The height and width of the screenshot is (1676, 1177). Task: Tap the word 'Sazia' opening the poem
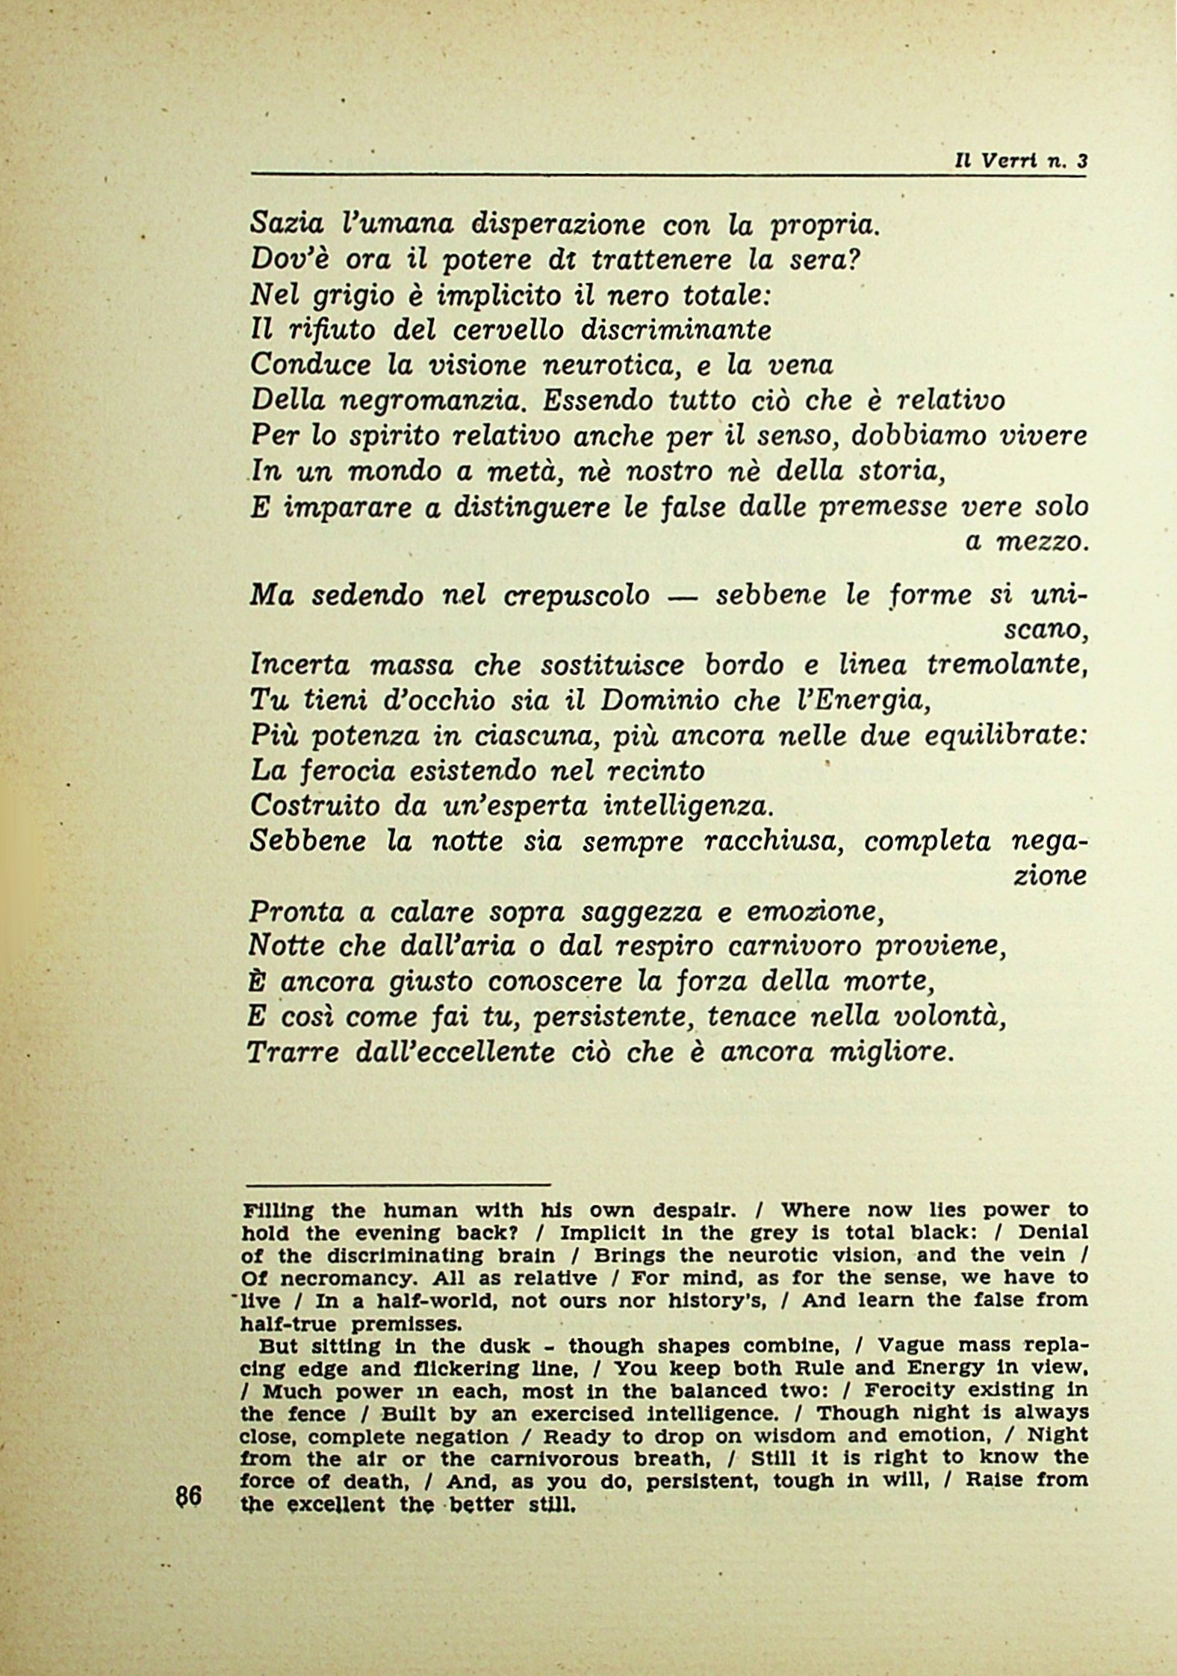(287, 223)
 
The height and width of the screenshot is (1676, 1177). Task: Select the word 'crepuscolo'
(576, 596)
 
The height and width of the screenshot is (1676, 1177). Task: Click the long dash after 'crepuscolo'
(679, 597)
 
